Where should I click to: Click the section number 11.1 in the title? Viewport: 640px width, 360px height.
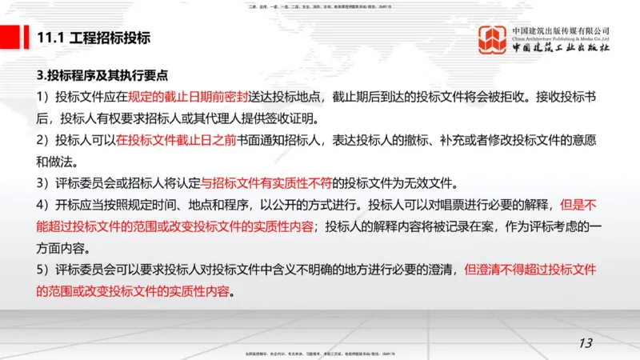[50, 38]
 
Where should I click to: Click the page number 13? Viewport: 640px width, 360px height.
[585, 343]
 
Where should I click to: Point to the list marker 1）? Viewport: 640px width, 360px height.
[45, 97]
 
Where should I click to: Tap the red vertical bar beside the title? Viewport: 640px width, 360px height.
[28, 37]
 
